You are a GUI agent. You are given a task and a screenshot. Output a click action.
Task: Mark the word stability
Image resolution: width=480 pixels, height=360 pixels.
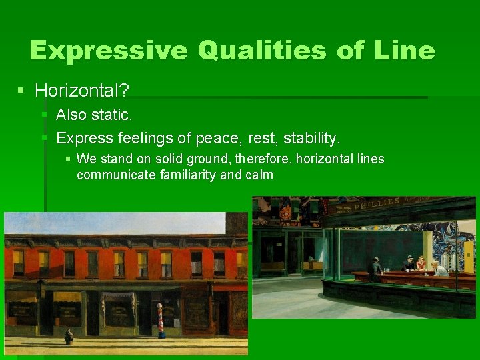click(311, 138)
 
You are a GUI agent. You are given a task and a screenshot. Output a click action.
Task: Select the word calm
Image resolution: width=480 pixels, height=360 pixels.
click(259, 175)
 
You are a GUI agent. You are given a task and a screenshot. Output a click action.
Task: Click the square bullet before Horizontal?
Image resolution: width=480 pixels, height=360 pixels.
click(22, 89)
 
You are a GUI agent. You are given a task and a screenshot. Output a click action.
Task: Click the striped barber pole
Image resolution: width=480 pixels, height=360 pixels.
click(161, 320)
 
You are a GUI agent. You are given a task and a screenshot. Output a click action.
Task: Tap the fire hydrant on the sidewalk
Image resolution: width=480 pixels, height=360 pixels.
click(69, 337)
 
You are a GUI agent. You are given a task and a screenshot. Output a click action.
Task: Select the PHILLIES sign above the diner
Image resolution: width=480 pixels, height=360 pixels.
click(377, 204)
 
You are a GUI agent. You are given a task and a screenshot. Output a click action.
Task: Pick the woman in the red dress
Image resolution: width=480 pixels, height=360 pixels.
click(420, 263)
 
